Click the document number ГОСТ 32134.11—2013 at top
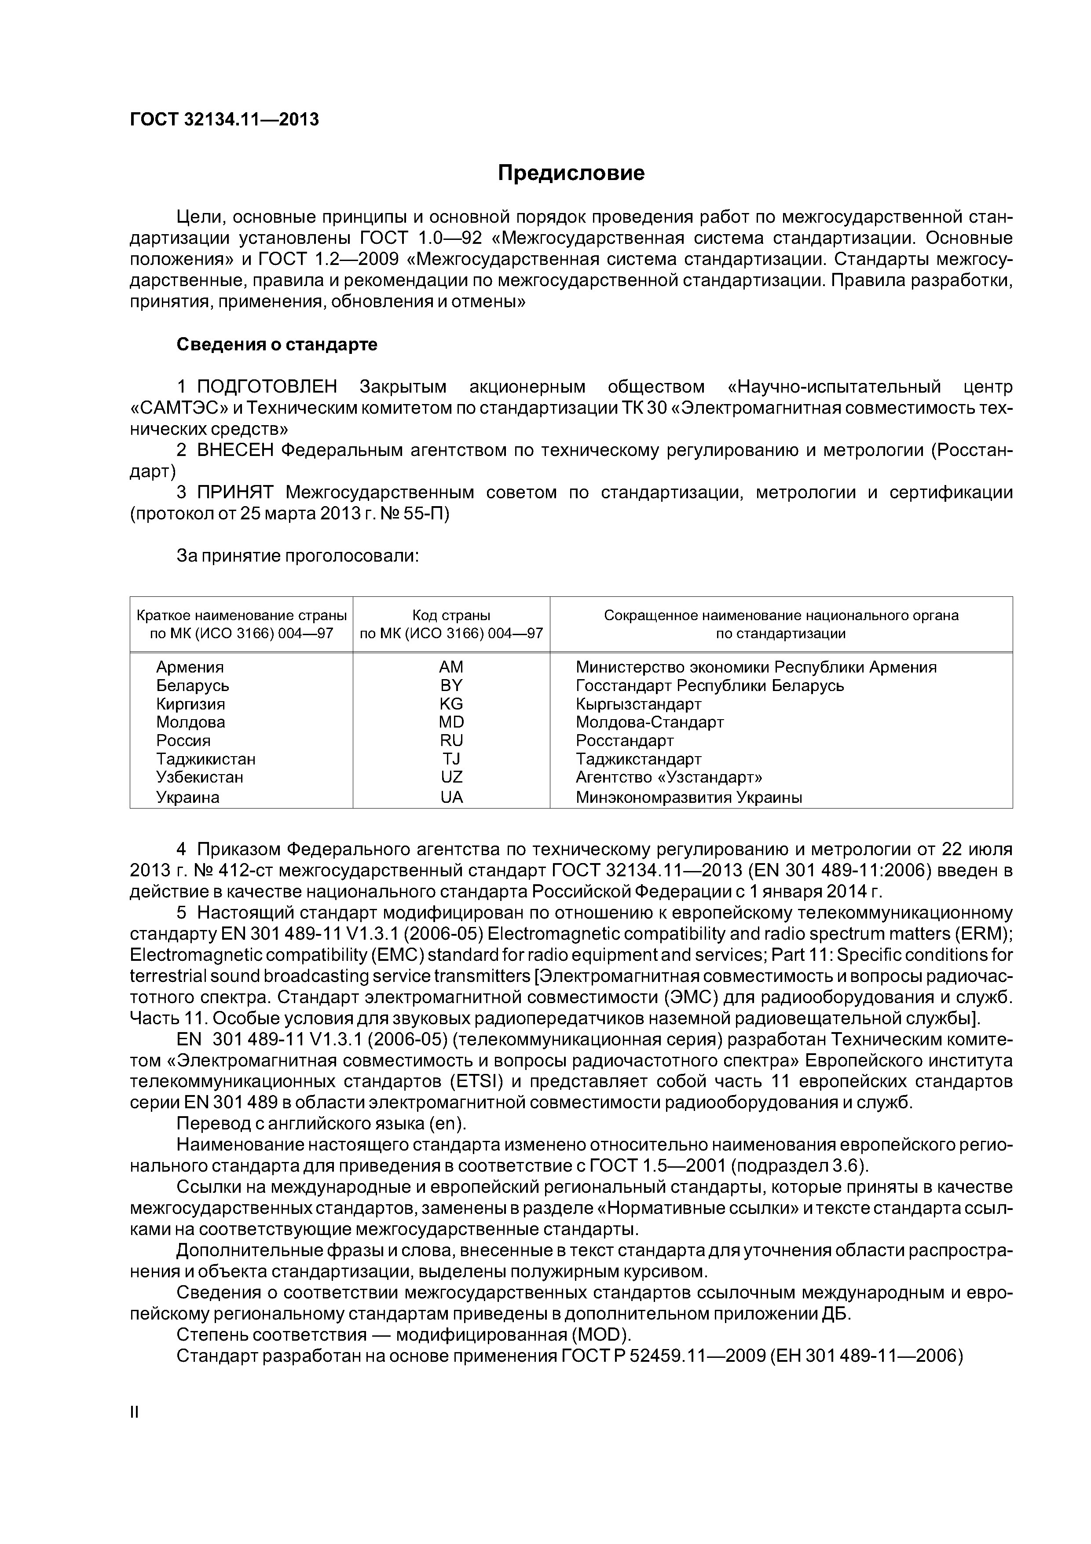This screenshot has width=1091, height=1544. [224, 120]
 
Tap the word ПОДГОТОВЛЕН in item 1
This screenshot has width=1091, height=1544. [267, 387]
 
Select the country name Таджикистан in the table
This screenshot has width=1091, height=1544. [206, 759]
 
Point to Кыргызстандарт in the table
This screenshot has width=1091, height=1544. [638, 704]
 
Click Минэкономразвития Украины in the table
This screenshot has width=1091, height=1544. [688, 798]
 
